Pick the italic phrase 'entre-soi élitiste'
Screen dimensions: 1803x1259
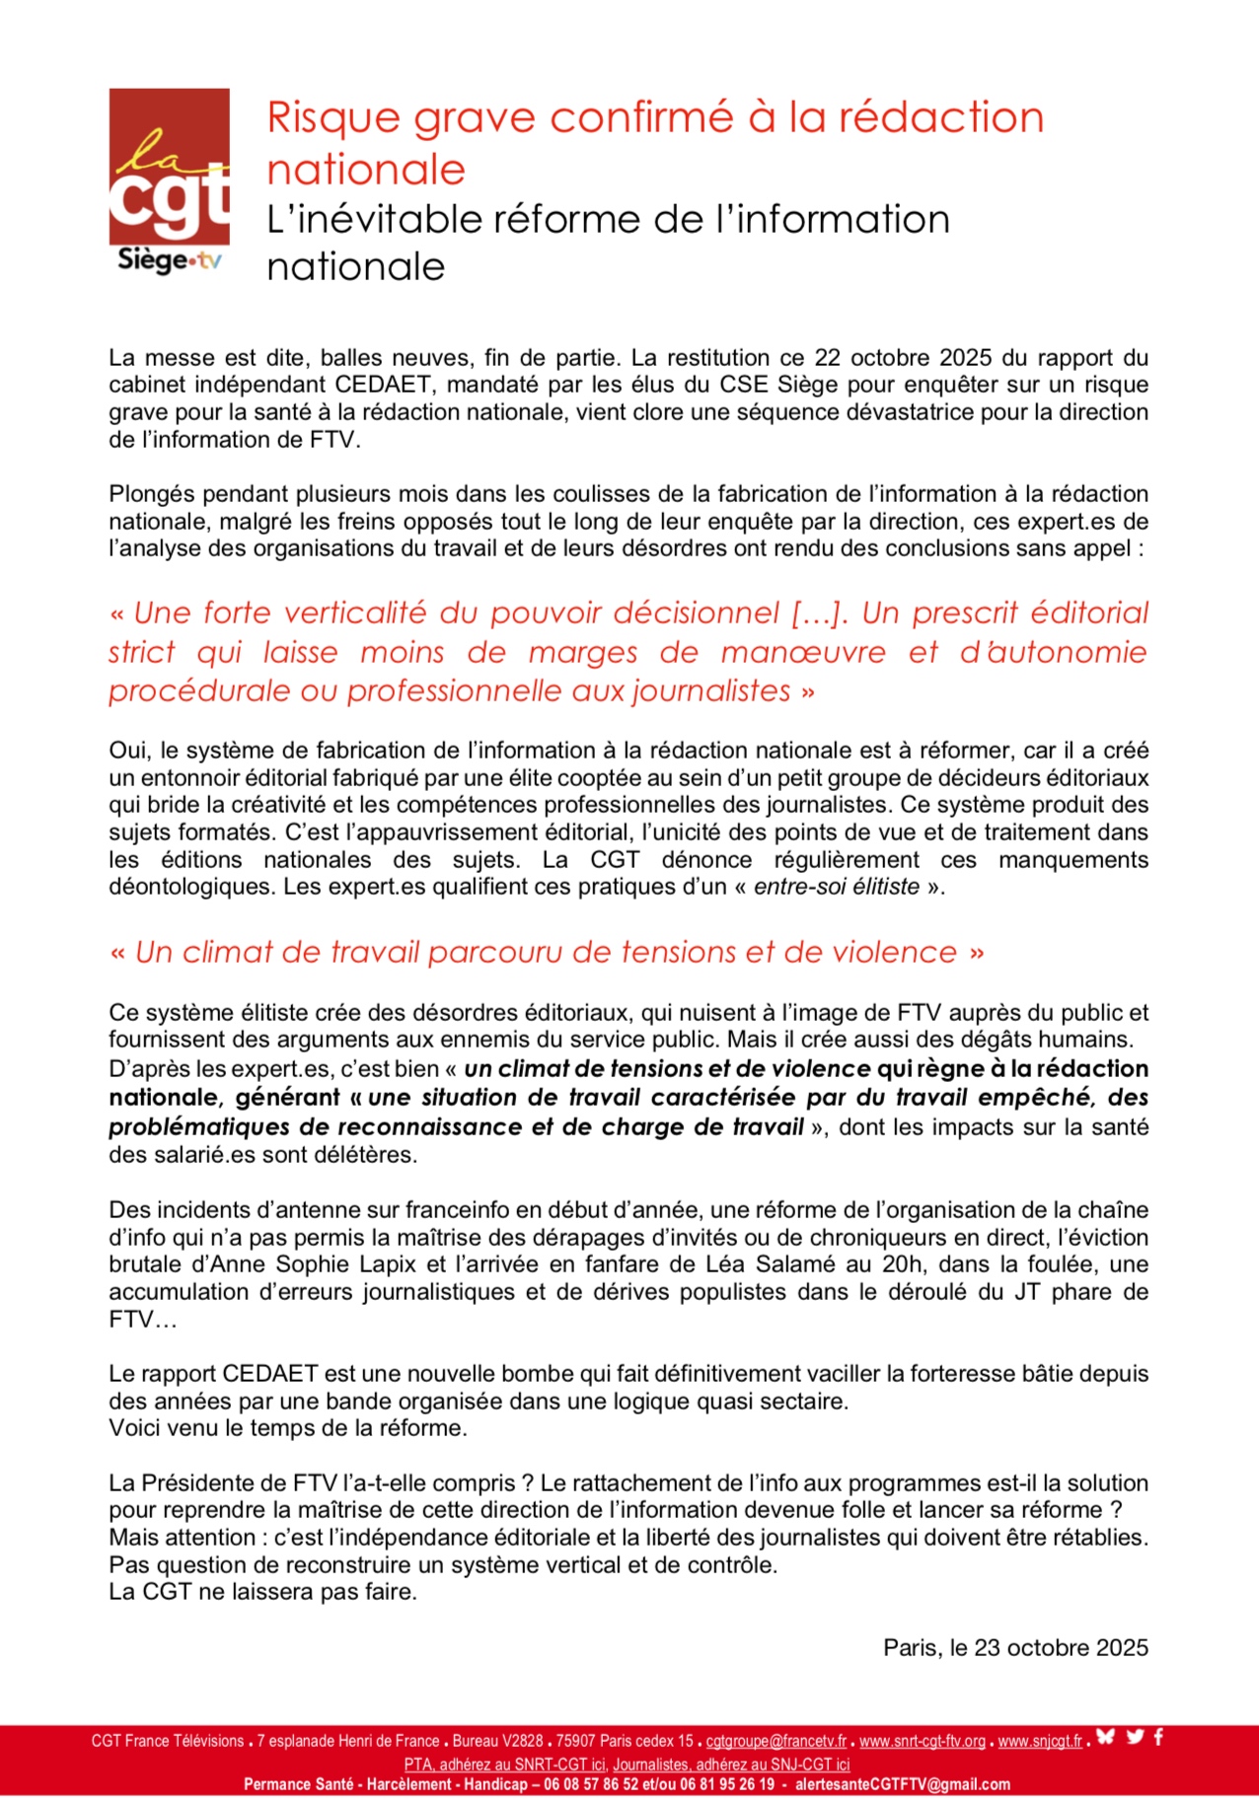pyautogui.click(x=837, y=887)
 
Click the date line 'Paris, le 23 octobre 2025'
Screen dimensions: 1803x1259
pyautogui.click(x=1015, y=1647)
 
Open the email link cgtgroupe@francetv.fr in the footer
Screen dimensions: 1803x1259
pyautogui.click(x=776, y=1741)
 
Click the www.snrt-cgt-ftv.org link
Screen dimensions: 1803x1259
pyautogui.click(x=922, y=1741)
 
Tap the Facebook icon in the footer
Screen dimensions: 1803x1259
pyautogui.click(x=1158, y=1737)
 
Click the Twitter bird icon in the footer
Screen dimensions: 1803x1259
pyautogui.click(x=1135, y=1737)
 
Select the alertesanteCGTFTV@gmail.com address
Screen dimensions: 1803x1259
pyautogui.click(x=902, y=1784)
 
